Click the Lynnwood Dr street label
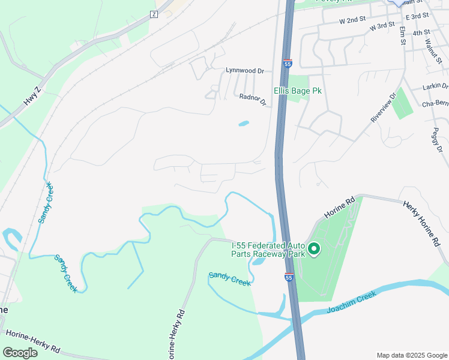pyautogui.click(x=245, y=70)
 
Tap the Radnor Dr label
pyautogui.click(x=252, y=99)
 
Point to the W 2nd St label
pyautogui.click(x=352, y=20)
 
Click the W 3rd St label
pyautogui.click(x=382, y=26)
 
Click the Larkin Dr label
pyautogui.click(x=435, y=87)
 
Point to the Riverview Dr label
pyautogui.click(x=384, y=107)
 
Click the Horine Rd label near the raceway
pyautogui.click(x=340, y=207)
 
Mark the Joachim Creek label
pyautogui.click(x=351, y=302)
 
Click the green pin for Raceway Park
pyautogui.click(x=313, y=248)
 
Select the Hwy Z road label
pyautogui.click(x=32, y=97)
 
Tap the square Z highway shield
pyautogui.click(x=154, y=14)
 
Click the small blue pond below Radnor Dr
pyautogui.click(x=243, y=124)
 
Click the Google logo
pyautogui.click(x=20, y=352)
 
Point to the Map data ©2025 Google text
pyautogui.click(x=411, y=355)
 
